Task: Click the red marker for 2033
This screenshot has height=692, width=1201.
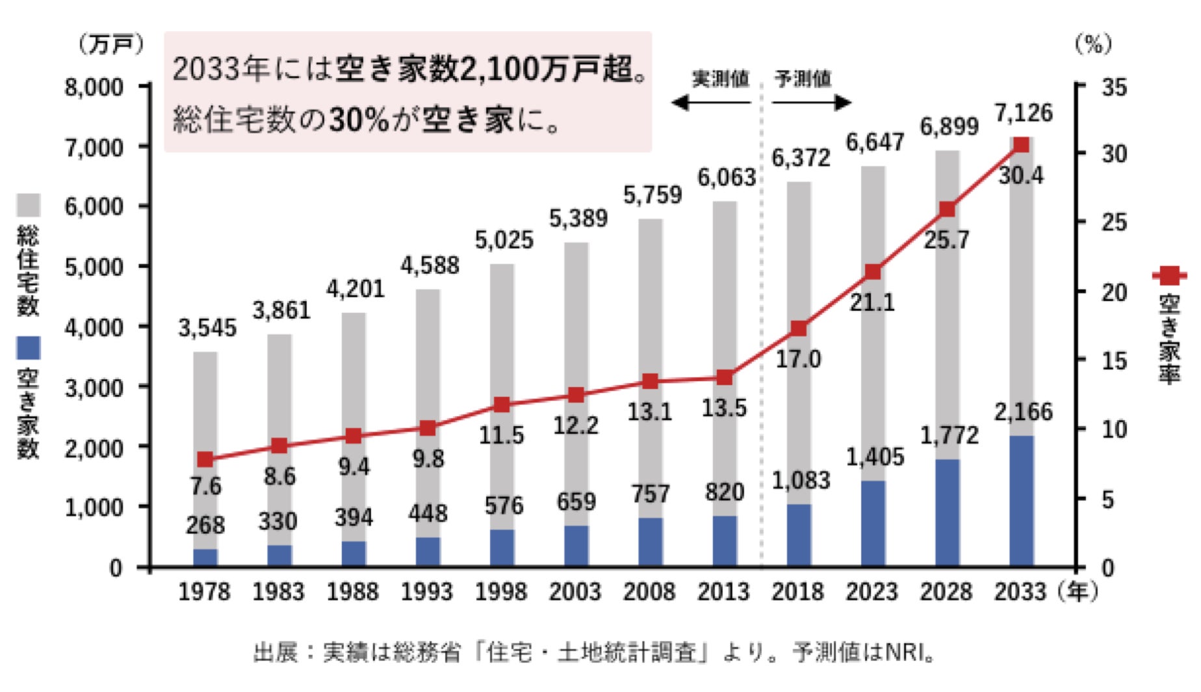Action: [1021, 144]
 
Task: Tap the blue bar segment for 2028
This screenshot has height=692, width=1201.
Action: [947, 512]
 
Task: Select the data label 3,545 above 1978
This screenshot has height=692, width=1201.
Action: [207, 328]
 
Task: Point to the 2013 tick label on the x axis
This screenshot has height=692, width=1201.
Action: [723, 592]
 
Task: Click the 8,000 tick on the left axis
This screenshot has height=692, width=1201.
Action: [94, 86]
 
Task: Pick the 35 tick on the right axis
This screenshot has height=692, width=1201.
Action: [1114, 86]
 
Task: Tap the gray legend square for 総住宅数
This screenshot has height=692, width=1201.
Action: [28, 205]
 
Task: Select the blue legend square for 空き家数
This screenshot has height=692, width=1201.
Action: [28, 348]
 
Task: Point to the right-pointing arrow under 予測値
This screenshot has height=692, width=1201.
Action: [812, 102]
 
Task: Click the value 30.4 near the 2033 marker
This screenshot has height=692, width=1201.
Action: [1021, 176]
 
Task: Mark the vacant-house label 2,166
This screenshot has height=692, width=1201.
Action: [1023, 412]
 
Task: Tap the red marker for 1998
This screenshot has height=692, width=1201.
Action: [501, 405]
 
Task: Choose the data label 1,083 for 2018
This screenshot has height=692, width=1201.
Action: [801, 481]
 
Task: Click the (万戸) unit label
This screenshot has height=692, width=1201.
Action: [111, 44]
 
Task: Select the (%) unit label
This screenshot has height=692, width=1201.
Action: [1093, 44]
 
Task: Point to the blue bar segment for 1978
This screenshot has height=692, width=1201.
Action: [205, 558]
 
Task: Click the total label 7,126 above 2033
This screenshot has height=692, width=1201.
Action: [1023, 113]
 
